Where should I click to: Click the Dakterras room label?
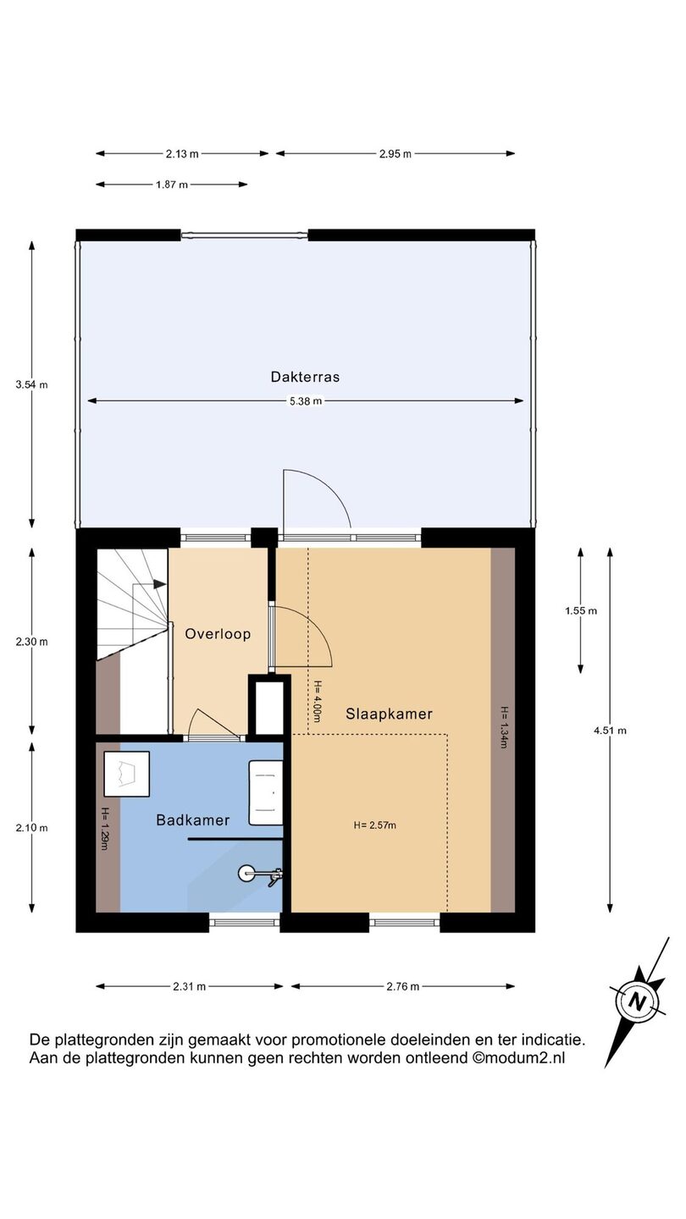pos(305,377)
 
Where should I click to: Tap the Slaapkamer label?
pos(389,714)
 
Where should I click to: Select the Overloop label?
pos(218,633)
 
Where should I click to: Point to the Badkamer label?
pos(193,820)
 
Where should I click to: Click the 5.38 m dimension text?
pos(306,401)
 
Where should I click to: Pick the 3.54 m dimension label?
pos(31,384)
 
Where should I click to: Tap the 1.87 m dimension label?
pos(171,185)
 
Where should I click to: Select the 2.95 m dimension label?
pos(396,154)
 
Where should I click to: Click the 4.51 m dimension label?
pos(610,731)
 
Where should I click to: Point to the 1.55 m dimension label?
pos(581,610)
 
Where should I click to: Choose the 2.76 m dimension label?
pos(403,986)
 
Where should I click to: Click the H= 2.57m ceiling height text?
pos(375,825)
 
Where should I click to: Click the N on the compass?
pos(637,1001)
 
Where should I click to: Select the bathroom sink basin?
pos(266,792)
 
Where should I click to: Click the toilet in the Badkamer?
pos(126,774)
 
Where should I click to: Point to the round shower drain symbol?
pos(246,874)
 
